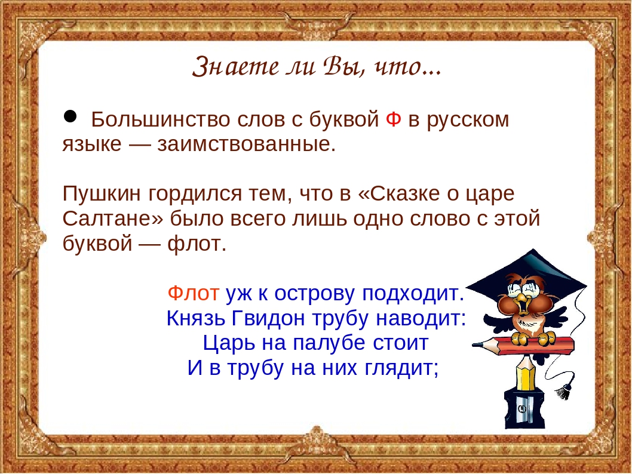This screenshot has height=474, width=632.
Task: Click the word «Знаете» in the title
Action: (x=235, y=66)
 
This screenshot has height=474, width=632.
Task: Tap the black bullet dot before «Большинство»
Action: (x=70, y=116)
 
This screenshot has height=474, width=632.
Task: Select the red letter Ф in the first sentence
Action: (x=394, y=119)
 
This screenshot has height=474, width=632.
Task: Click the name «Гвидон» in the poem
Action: (x=268, y=318)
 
